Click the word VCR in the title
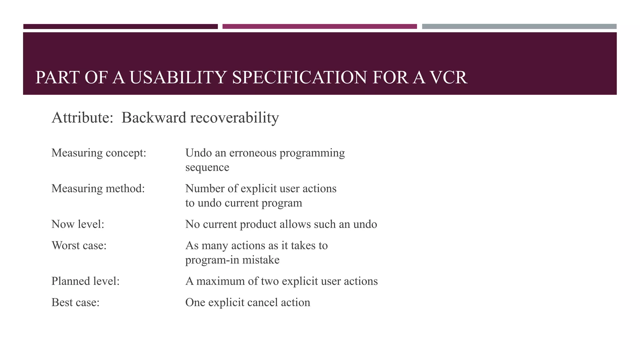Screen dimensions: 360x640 tap(449, 77)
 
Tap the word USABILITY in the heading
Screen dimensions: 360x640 tap(177, 77)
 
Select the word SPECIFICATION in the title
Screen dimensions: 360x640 tap(299, 77)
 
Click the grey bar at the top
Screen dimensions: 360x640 tap(519, 27)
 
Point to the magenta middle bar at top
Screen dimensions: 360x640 tap(319, 27)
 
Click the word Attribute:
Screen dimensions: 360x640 tap(82, 118)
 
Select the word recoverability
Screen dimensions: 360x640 tap(234, 118)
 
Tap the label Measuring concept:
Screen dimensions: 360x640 tap(99, 153)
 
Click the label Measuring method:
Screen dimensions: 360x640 tap(98, 188)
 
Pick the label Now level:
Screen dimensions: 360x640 tap(77, 224)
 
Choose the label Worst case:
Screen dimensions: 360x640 tap(79, 245)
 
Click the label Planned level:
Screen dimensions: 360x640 tap(85, 281)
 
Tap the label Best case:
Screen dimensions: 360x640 tap(75, 302)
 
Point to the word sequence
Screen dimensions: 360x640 tap(207, 167)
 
